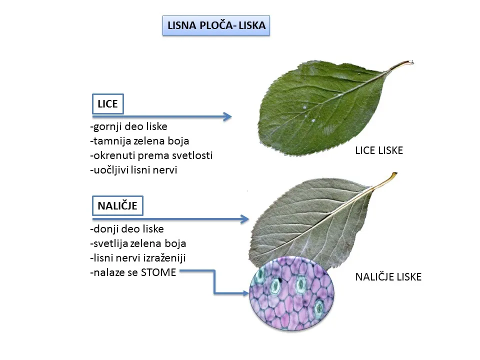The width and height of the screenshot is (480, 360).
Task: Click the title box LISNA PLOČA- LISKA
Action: point(216,25)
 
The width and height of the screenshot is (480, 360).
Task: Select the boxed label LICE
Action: point(108,104)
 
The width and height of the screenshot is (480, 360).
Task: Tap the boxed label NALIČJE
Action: point(117,205)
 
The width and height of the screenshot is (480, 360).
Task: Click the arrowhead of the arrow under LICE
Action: point(227,116)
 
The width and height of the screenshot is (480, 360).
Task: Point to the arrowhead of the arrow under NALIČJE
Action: point(244,219)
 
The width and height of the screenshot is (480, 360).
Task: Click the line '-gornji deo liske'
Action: point(129,126)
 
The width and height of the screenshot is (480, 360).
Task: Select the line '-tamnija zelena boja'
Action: point(139,141)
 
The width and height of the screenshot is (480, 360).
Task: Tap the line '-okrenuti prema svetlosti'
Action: point(151,155)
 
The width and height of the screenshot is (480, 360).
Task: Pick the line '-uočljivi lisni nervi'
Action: point(134,170)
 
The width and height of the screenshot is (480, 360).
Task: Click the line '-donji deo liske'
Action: point(127,229)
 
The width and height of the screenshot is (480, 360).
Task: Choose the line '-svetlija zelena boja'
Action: point(138,243)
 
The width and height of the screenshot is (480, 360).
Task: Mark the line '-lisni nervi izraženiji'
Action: point(138,258)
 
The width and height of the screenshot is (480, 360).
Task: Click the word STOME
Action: point(158,272)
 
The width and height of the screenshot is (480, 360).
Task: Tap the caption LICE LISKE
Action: point(379,150)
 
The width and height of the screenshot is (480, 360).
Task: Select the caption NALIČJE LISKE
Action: point(388,277)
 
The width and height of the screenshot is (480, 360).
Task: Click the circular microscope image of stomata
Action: point(291,293)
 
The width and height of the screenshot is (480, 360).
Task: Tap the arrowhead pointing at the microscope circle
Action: point(245,293)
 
